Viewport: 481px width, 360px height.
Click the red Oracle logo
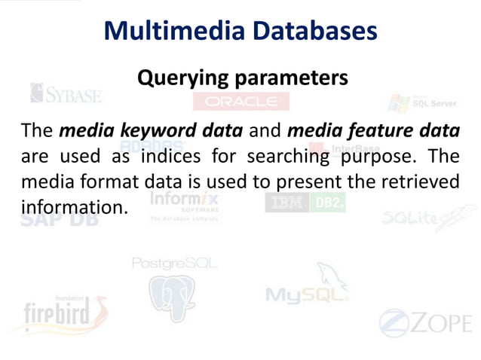coord(241,101)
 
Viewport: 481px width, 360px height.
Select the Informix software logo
coord(185,204)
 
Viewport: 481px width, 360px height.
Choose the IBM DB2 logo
coord(305,203)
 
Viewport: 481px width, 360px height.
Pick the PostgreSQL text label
coord(174,263)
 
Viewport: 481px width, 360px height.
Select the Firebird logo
coord(64,312)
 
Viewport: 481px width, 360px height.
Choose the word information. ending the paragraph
coord(72,205)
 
